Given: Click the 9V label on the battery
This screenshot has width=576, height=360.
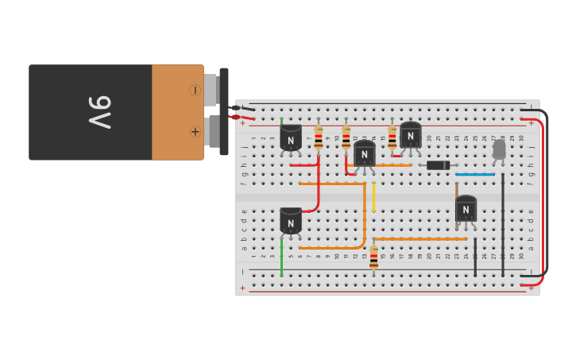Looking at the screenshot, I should pos(100,112).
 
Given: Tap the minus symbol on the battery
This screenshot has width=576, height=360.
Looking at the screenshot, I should pos(195,91).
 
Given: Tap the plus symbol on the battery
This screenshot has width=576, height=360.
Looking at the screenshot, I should pos(195,131).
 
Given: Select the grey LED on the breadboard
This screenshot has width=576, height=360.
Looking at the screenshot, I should pos(499,149).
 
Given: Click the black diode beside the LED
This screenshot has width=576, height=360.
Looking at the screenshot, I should pos(438,165).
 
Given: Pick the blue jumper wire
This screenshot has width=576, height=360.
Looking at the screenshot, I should pos(475,174).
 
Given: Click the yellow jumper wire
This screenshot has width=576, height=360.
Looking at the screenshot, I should pos(373,197).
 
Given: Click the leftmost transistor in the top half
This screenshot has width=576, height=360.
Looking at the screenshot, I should pos(291,138).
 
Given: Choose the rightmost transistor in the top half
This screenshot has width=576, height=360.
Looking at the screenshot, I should pos(410,135).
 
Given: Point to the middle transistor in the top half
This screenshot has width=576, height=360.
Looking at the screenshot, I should pos(364,153).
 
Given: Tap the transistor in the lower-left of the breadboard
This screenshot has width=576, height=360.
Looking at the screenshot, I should pos(291,221).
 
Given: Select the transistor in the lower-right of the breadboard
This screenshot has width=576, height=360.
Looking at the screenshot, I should pos(466,209).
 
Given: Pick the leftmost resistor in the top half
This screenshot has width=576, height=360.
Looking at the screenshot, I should pos(319,137).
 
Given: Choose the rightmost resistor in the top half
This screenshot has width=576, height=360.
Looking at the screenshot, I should pos(392,137).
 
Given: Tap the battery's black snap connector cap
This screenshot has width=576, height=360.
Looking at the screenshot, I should pos(224,111).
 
